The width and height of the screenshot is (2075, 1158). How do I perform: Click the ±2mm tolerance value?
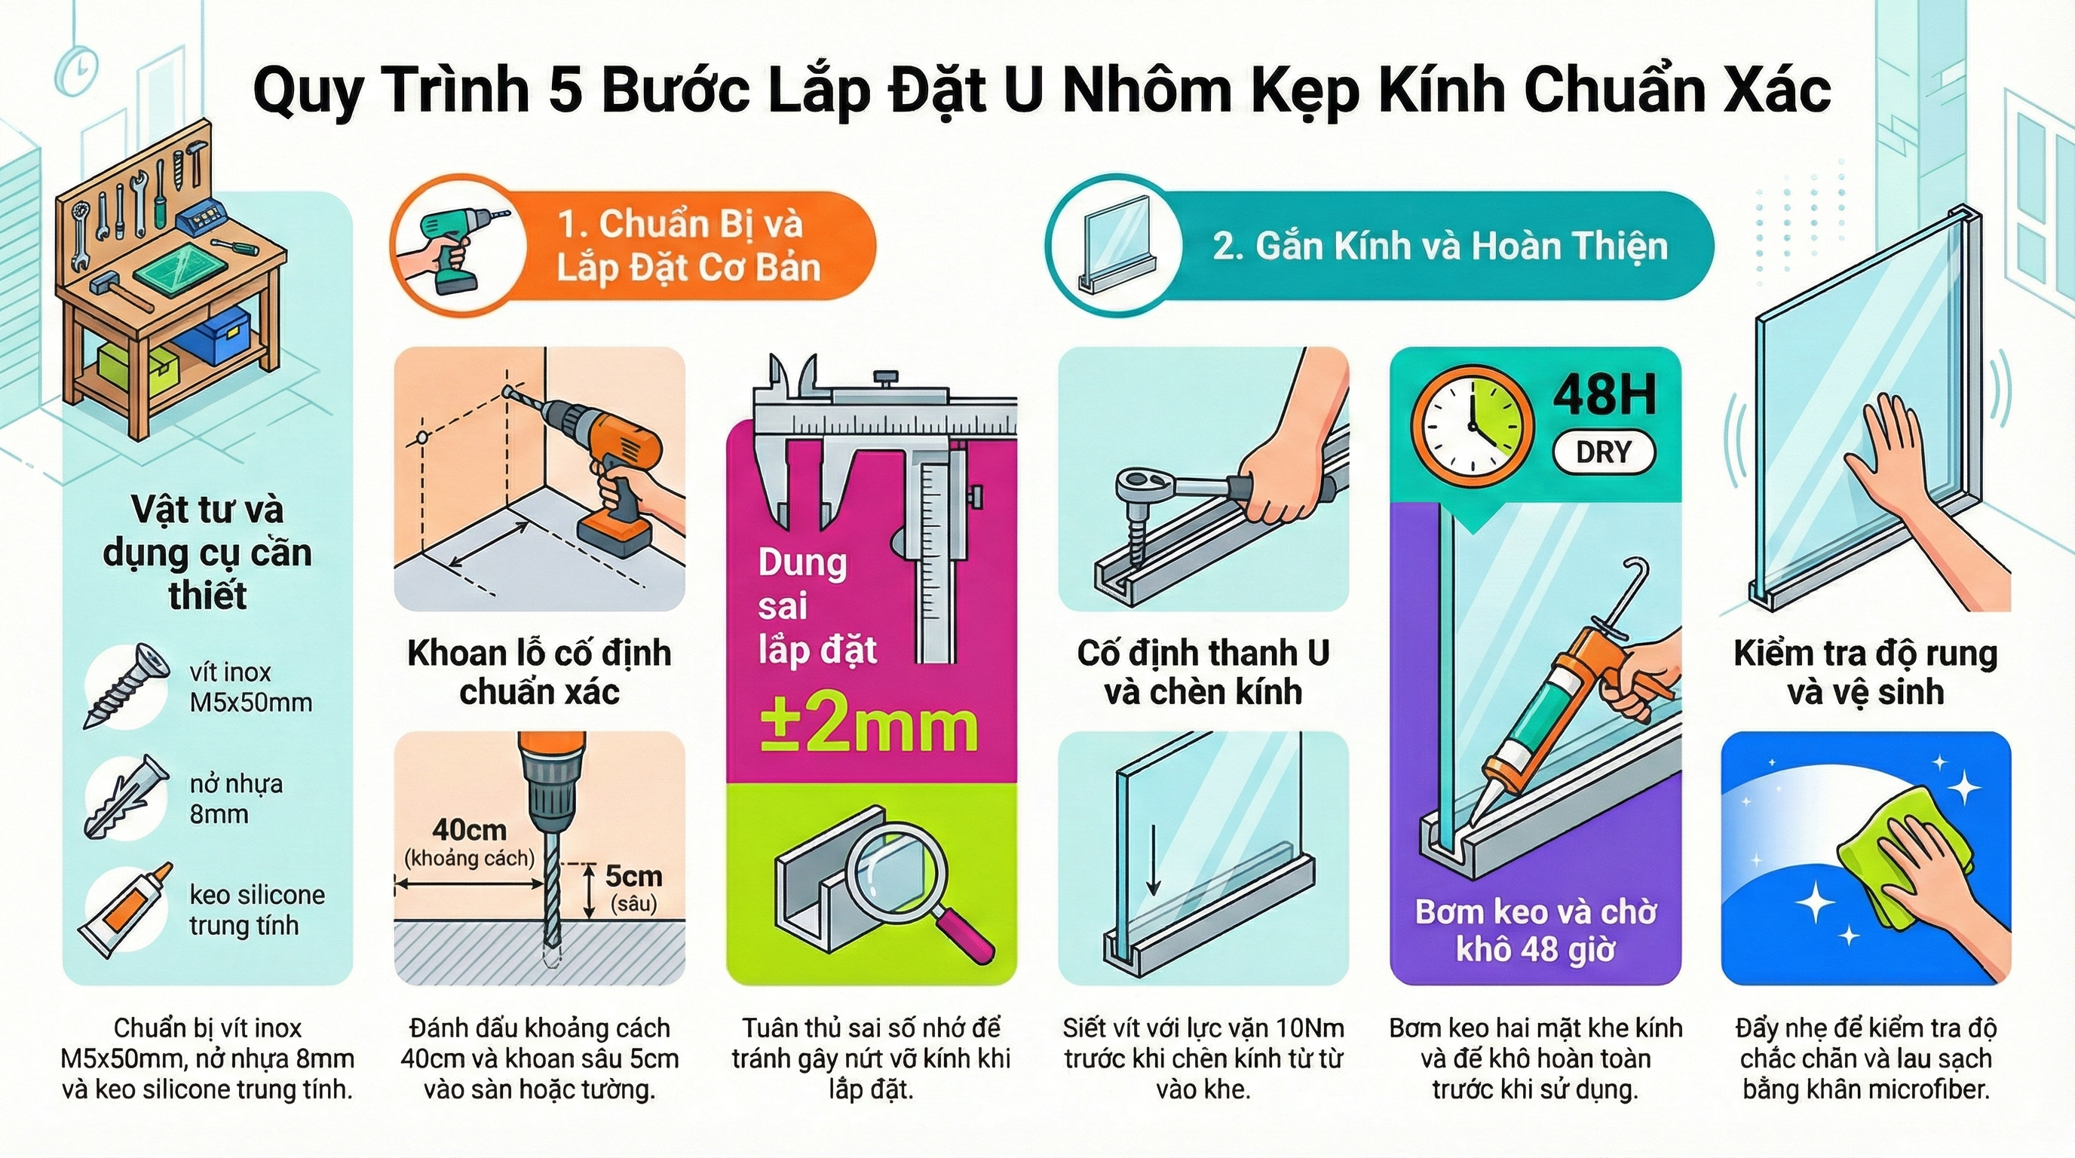pyautogui.click(x=869, y=728)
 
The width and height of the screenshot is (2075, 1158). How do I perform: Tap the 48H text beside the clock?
pyautogui.click(x=1605, y=395)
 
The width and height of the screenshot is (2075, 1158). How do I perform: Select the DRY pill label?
pyautogui.click(x=1603, y=452)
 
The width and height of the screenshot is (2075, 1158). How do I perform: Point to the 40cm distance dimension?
pyautogui.click(x=469, y=829)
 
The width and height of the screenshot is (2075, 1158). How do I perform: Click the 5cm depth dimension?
pyautogui.click(x=633, y=876)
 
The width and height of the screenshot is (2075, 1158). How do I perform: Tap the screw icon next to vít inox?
pyautogui.click(x=126, y=685)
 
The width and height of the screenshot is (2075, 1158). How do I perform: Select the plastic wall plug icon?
pyautogui.click(x=126, y=796)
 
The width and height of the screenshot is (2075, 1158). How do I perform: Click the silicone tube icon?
pyautogui.click(x=126, y=910)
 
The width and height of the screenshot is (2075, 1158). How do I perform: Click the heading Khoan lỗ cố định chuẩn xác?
pyautogui.click(x=539, y=672)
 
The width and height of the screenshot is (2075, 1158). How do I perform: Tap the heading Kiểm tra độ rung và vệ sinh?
pyautogui.click(x=1865, y=672)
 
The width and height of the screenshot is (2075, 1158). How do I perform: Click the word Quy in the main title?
pyautogui.click(x=306, y=91)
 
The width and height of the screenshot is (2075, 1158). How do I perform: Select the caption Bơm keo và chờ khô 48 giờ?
pyautogui.click(x=1535, y=931)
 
